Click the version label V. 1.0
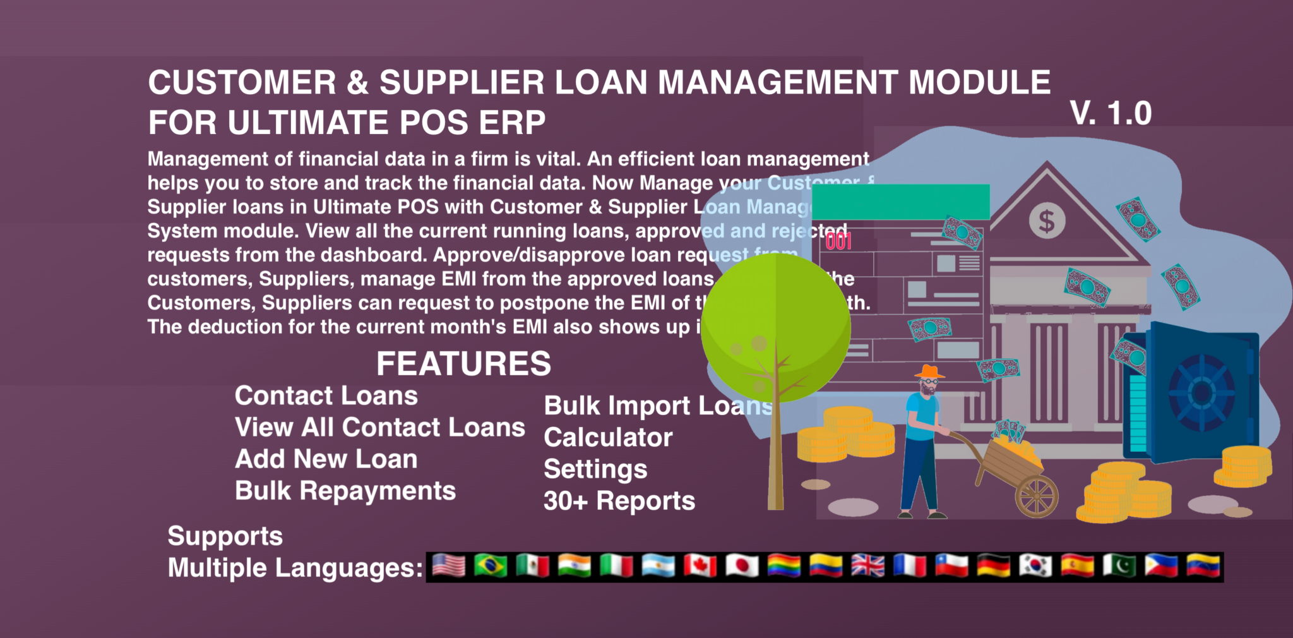click(1111, 114)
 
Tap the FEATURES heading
click(463, 364)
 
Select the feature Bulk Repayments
click(345, 491)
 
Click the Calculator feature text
click(608, 438)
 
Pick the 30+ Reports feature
click(619, 501)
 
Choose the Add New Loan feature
click(326, 459)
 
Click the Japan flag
click(742, 566)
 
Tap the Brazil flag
click(491, 566)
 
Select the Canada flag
click(700, 566)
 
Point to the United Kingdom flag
click(867, 566)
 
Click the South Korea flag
click(1035, 566)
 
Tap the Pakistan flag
click(1119, 566)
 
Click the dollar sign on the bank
click(1047, 221)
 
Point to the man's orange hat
click(930, 371)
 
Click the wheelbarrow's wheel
click(1036, 497)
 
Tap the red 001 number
click(838, 241)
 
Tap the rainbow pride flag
click(784, 566)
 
